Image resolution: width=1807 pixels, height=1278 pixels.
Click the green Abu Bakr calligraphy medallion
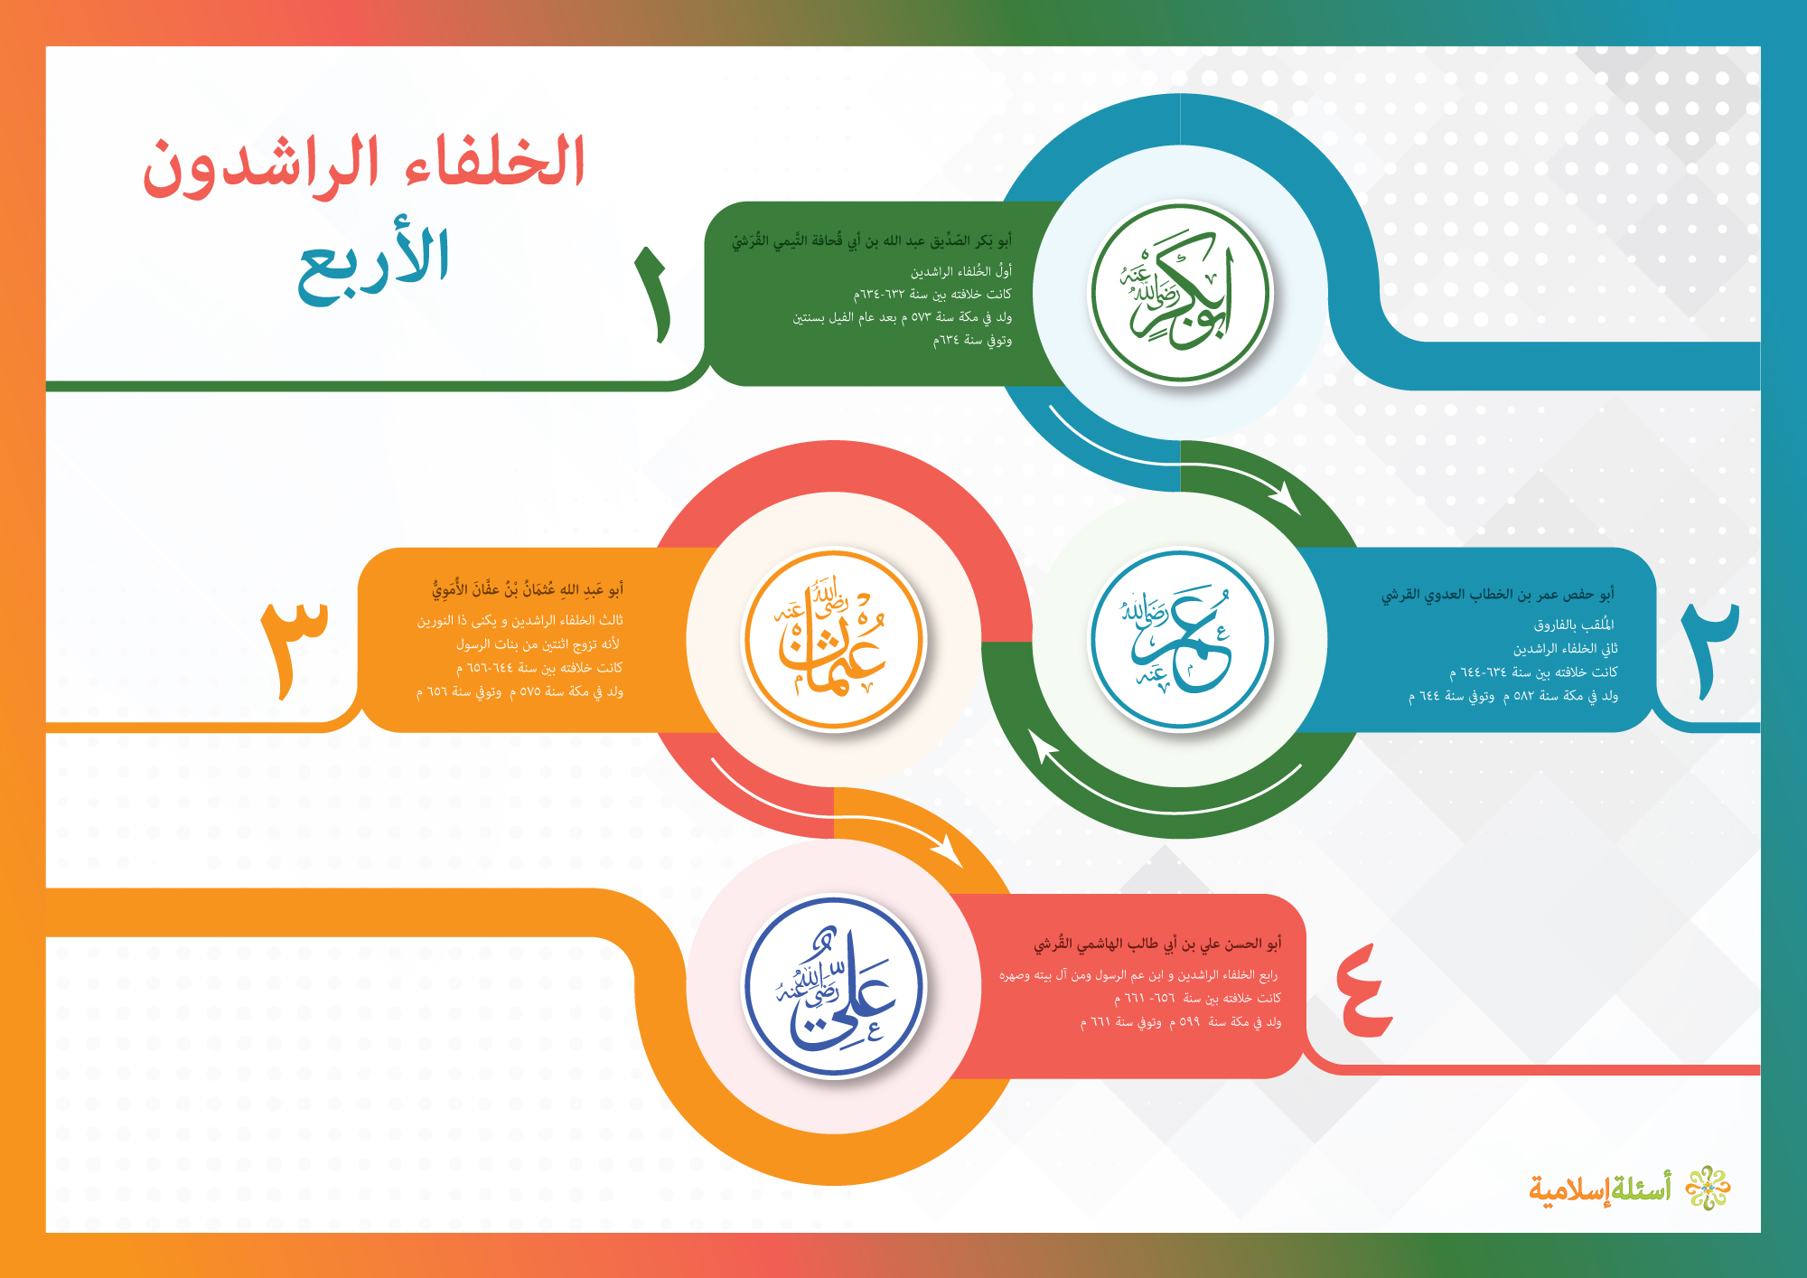tap(1181, 293)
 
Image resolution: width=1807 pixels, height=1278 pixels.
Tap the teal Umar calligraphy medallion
tap(1180, 639)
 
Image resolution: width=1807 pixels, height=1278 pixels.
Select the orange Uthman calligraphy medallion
tap(834, 639)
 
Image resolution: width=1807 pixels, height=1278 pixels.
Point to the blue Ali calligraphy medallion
tap(834, 986)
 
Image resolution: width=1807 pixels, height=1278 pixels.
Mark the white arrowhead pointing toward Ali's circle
tap(947, 850)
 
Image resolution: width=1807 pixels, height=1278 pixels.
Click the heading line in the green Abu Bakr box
tap(872, 241)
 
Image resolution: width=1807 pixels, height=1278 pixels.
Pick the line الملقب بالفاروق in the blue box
tap(1574, 625)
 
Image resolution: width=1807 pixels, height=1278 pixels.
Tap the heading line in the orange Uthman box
tap(528, 590)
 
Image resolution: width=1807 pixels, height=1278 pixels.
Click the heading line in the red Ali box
tap(1157, 944)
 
